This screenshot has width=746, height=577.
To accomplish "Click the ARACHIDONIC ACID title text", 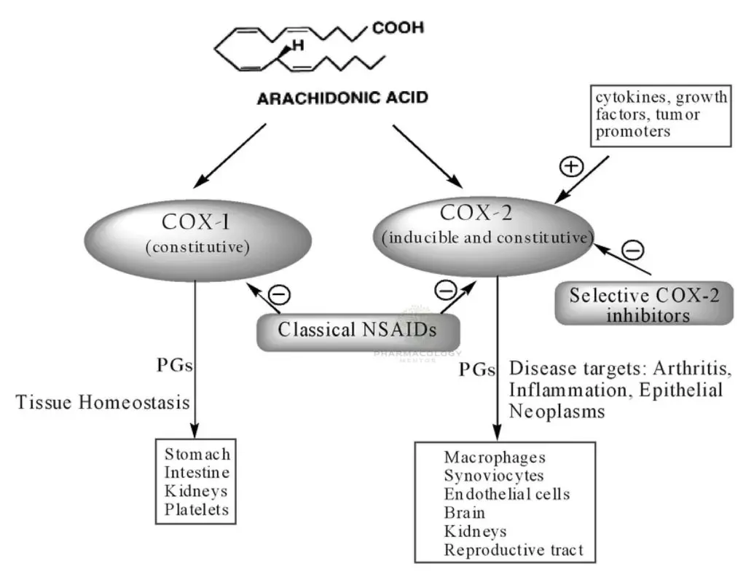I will tap(342, 98).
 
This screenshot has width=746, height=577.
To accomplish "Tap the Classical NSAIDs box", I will tap(357, 330).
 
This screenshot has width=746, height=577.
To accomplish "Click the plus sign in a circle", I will tap(570, 167).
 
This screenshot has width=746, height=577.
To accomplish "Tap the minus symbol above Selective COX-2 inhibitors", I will tap(634, 251).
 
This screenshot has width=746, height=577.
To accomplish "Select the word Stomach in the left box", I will tap(197, 455).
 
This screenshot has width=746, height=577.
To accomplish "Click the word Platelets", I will tap(197, 509).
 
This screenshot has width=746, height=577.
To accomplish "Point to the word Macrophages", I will tap(495, 457).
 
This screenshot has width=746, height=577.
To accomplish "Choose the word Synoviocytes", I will tap(494, 476).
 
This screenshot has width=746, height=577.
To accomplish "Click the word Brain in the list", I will tap(463, 513).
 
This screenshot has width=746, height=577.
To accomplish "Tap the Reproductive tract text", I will tap(514, 550).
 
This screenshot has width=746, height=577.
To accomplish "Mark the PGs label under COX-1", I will tap(175, 365).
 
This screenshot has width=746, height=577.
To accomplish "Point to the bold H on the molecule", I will tap(297, 46).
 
